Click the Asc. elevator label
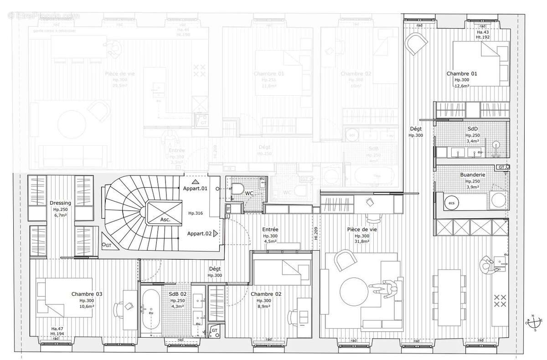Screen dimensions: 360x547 tap(165, 220)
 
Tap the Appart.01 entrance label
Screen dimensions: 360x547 tap(195, 188)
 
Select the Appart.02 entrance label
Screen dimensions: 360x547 tap(199, 233)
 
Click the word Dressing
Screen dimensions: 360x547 tap(60, 203)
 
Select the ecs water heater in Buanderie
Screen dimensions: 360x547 tap(452, 202)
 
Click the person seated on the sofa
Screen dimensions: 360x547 tap(386, 288)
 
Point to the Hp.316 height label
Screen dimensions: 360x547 tap(196, 213)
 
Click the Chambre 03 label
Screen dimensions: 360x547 tap(87, 294)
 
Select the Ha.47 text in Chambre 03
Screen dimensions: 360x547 tap(57, 329)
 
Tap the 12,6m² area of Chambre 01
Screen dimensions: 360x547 tap(462, 85)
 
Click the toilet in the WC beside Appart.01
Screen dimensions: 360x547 tap(237, 188)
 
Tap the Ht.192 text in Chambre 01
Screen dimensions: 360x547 tap(482, 37)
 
